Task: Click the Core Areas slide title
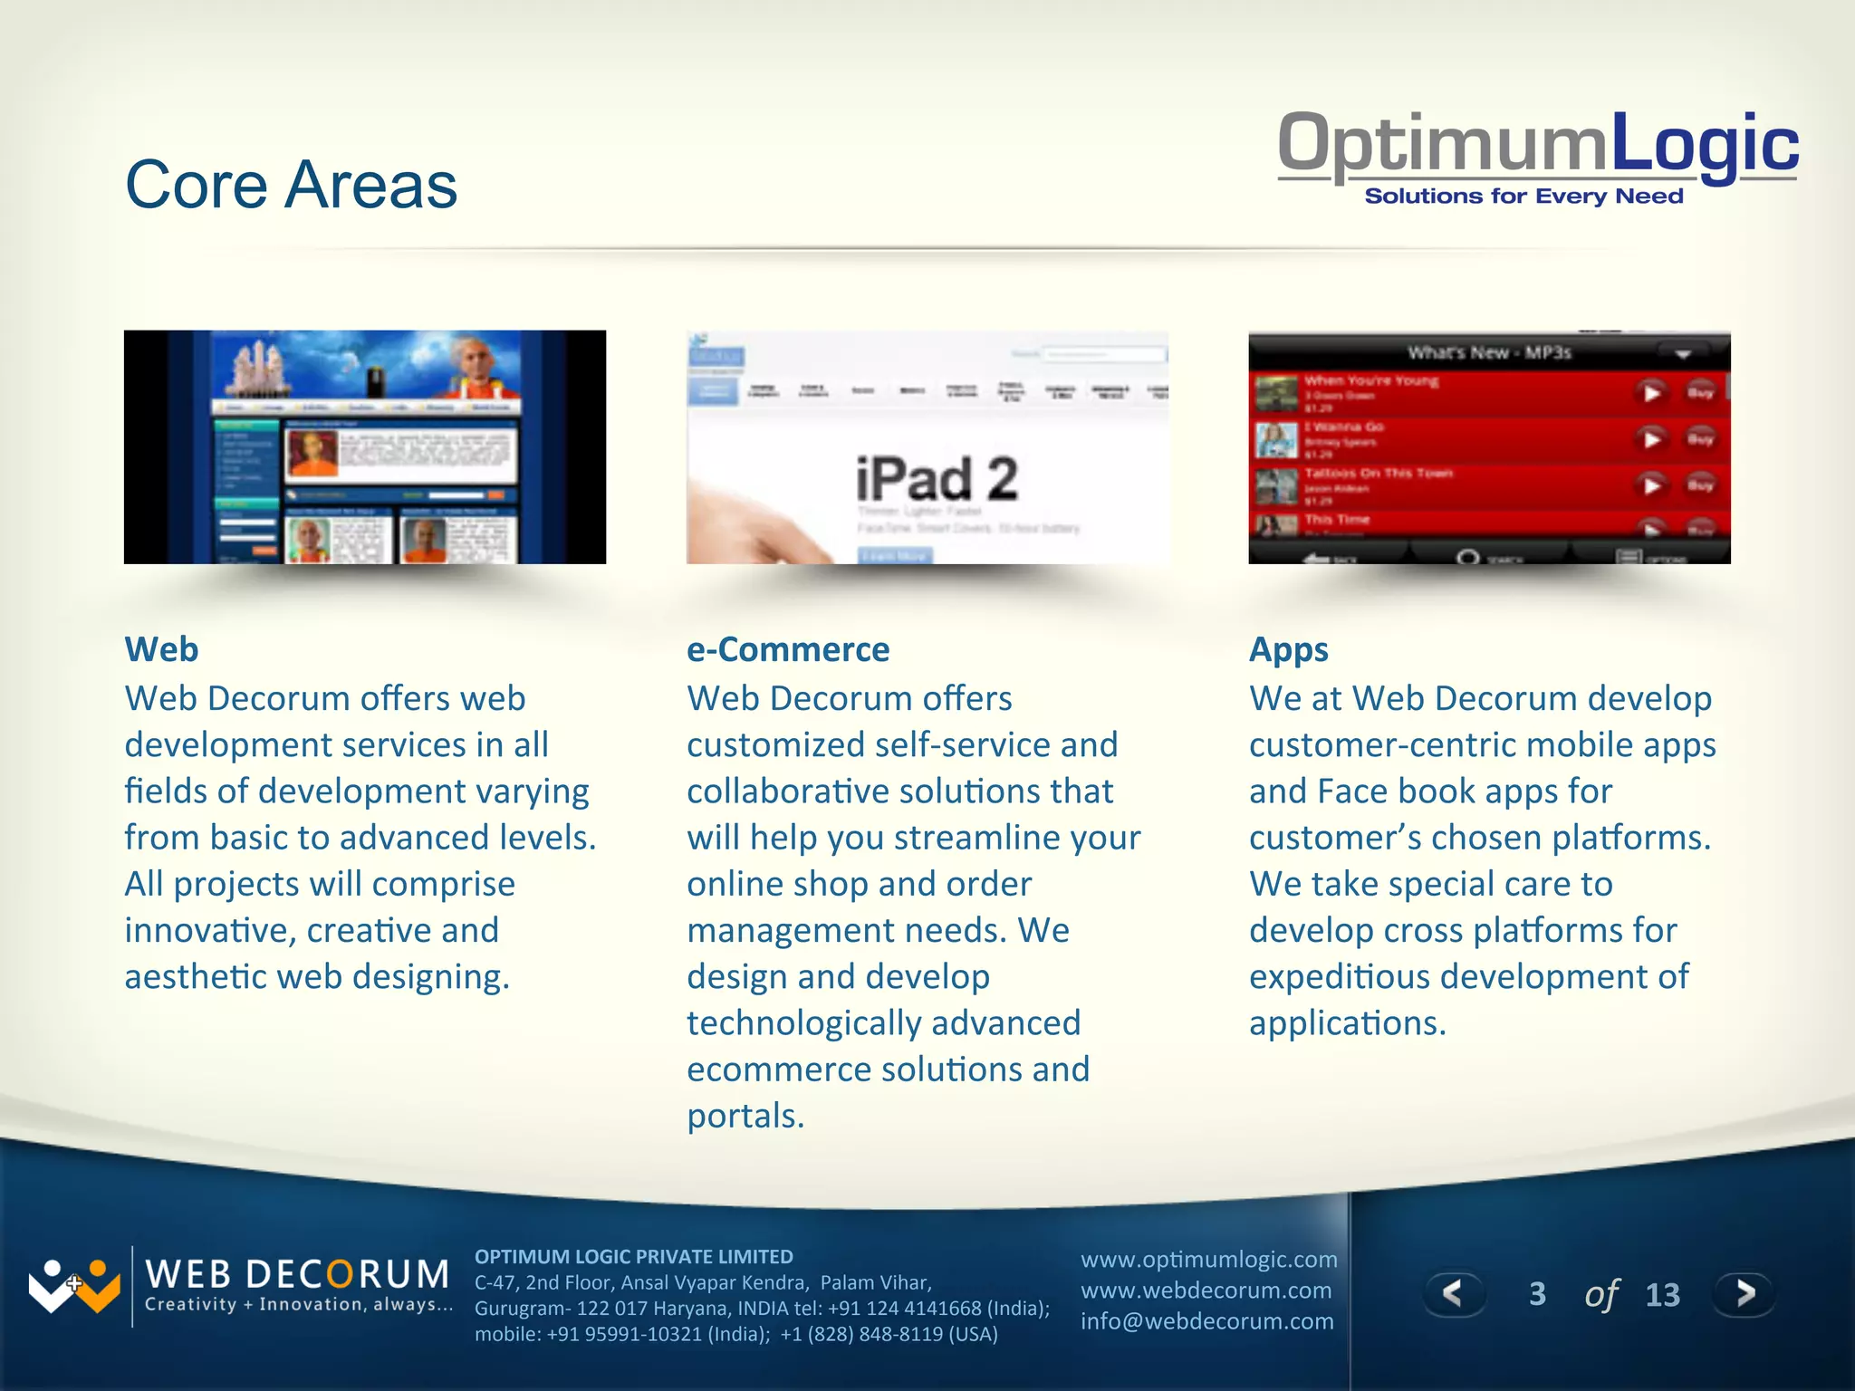[291, 185]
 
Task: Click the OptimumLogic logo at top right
[1537, 145]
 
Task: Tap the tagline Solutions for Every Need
[1523, 197]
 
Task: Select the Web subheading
[161, 649]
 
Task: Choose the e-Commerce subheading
[788, 649]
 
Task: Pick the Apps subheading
[1288, 649]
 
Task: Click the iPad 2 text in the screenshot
[937, 479]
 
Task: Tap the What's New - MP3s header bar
[1488, 352]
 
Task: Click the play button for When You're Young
[1651, 393]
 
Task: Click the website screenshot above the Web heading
[364, 447]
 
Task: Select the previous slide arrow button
[1453, 1293]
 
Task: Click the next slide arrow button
[1744, 1293]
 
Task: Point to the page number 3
[1537, 1294]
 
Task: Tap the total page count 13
[1662, 1295]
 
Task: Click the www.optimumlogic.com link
[1208, 1260]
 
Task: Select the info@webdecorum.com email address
[1206, 1321]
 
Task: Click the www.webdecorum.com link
[1206, 1290]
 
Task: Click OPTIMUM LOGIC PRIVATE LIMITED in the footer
[633, 1257]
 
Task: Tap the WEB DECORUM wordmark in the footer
[297, 1274]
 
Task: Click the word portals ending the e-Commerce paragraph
[744, 1117]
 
